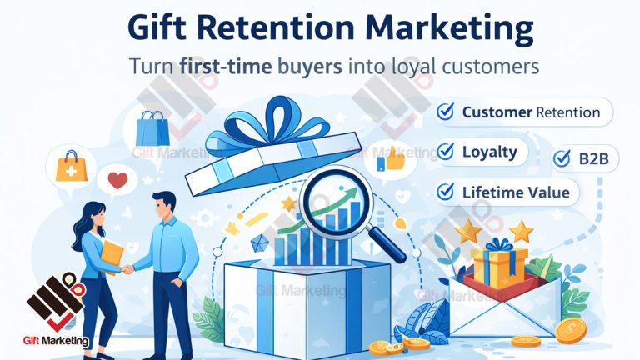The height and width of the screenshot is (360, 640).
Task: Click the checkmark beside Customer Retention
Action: point(446,112)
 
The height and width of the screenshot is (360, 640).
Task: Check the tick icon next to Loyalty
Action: point(446,152)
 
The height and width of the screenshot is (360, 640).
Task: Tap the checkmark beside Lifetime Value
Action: point(446,192)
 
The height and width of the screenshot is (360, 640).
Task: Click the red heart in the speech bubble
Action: point(119,180)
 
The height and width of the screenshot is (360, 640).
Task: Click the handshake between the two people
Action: point(128,268)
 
